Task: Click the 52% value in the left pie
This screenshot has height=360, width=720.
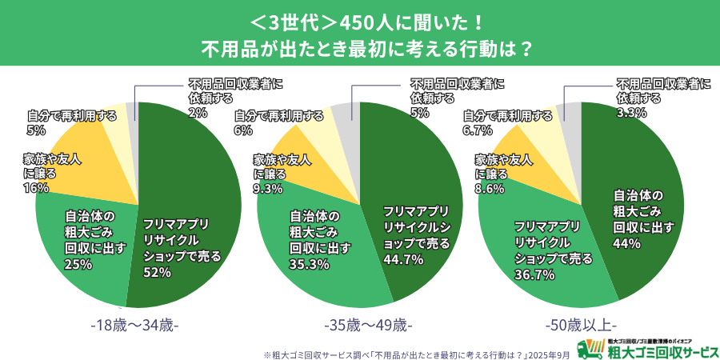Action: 158,273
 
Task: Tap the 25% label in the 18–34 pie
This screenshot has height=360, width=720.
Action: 78,264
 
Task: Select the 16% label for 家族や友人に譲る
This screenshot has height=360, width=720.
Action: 36,188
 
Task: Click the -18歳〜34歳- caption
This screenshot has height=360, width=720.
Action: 134,326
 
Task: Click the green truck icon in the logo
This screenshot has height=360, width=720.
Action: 590,348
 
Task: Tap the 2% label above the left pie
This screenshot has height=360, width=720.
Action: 197,113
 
